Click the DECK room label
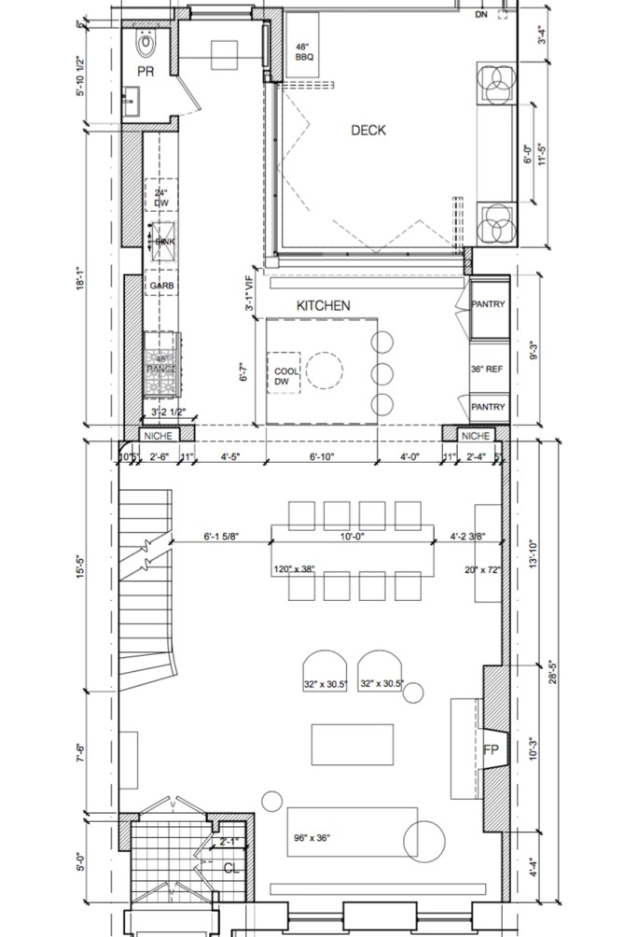point(367,131)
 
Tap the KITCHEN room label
point(323,306)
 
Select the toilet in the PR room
point(146,43)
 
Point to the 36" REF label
point(487,369)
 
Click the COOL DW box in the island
point(284,377)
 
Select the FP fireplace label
point(491,749)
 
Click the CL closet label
point(232,868)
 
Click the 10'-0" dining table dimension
point(353,537)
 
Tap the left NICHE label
point(154,436)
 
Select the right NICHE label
point(475,436)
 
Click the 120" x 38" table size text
point(295,569)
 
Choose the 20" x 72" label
point(481,569)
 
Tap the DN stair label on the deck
point(480,15)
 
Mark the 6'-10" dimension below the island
point(320,457)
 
